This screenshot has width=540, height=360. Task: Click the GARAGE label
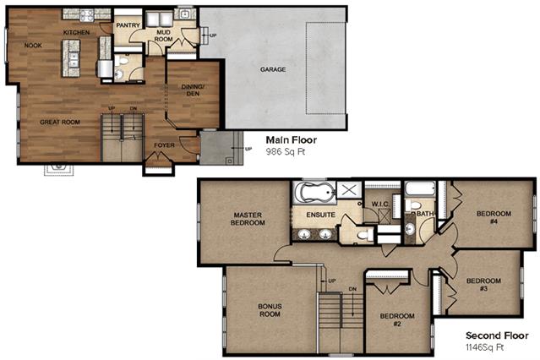[273, 69]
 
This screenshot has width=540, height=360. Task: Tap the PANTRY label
[128, 25]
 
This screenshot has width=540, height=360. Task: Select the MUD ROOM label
[163, 35]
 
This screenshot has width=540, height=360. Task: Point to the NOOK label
[33, 45]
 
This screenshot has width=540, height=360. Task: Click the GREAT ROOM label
[60, 122]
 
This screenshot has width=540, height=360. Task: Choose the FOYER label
[164, 145]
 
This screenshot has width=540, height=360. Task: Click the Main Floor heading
[292, 140]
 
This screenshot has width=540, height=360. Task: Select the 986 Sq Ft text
[286, 151]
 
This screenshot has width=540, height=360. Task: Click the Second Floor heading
[497, 335]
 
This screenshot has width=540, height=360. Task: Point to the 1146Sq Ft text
[484, 347]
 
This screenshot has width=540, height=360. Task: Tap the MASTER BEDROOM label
[248, 219]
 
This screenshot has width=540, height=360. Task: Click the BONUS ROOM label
[270, 310]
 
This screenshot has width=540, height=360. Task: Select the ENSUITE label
[320, 215]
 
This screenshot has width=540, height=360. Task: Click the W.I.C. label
[380, 204]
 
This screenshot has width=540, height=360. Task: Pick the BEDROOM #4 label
[494, 217]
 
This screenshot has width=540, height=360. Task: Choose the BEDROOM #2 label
[397, 319]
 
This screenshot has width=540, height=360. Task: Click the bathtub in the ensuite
[314, 193]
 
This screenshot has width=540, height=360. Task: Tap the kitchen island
[71, 58]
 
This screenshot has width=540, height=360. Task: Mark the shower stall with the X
[349, 190]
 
